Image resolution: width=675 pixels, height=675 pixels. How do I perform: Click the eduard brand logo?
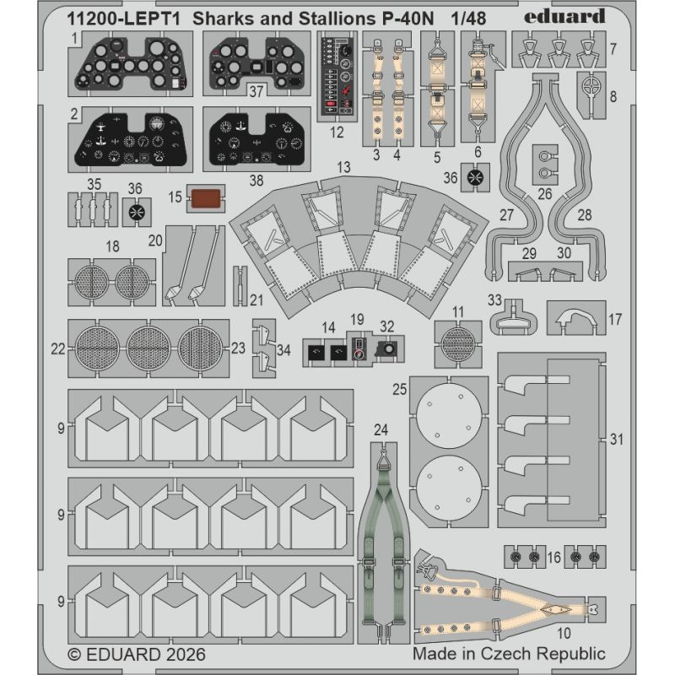pos(564,17)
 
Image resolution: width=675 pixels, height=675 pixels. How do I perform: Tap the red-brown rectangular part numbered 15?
pos(206,198)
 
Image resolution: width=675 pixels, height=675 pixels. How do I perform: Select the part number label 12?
pos(337,132)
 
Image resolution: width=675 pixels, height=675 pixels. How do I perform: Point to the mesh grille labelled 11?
pos(457,344)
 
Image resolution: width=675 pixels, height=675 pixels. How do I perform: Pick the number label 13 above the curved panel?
pos(343,167)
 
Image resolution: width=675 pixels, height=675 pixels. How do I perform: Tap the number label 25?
pos(399,389)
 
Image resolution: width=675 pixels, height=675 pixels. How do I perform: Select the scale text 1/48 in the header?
pos(468,19)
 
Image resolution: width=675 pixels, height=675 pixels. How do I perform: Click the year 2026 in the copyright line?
pos(186,655)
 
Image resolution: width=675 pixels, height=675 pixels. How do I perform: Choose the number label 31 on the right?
pos(617,439)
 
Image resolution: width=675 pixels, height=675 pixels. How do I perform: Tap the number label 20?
pos(155,240)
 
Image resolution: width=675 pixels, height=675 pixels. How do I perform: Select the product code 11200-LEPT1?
pos(123,19)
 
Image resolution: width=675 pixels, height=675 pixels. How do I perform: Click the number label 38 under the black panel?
pos(256,181)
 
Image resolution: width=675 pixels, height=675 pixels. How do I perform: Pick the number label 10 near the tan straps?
pos(564,634)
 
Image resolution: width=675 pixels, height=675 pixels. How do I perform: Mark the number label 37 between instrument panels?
pos(256,91)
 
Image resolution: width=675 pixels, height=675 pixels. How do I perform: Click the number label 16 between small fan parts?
pos(553,557)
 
